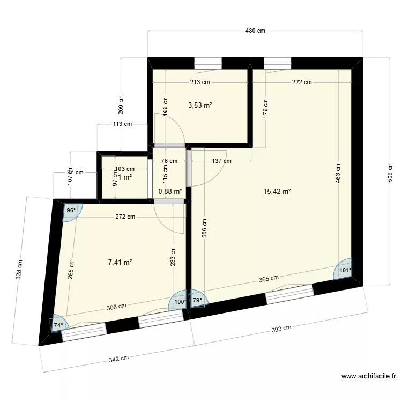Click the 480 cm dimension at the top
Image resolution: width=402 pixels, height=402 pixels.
click(x=255, y=31)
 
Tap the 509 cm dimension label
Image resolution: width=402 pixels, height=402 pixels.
click(x=391, y=172)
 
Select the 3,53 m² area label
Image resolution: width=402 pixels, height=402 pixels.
click(x=200, y=106)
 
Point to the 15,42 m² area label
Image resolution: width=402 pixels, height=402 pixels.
click(x=277, y=191)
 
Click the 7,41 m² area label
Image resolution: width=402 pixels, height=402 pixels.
click(x=120, y=262)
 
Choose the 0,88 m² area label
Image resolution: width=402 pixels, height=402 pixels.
click(x=170, y=191)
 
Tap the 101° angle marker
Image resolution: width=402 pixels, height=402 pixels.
click(x=346, y=271)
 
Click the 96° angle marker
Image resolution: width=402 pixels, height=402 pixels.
click(x=71, y=211)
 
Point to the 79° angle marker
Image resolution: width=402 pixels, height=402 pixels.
click(x=197, y=300)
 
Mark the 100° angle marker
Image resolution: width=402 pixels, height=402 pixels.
click(x=180, y=302)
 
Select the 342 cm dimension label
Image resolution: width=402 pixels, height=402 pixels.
click(x=118, y=358)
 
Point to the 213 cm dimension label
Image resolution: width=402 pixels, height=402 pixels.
click(x=199, y=82)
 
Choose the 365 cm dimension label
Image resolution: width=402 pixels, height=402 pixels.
click(x=269, y=278)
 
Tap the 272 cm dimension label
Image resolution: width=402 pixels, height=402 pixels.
click(x=125, y=217)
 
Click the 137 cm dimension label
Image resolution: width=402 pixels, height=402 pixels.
click(x=221, y=161)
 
